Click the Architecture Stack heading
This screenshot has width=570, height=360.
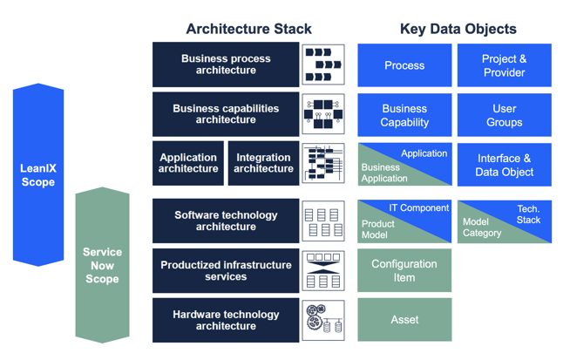coord(248,29)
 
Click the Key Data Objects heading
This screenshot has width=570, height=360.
coord(458,29)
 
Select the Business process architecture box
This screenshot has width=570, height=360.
coord(226,65)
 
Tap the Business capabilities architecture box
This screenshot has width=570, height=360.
coord(226,114)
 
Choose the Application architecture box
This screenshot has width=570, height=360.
coord(188,164)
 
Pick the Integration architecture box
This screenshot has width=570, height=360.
coord(263,164)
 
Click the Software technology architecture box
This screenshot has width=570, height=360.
coord(226,221)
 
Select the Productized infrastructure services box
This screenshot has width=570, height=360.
coord(226,270)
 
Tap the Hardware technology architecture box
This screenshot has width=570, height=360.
coord(226,320)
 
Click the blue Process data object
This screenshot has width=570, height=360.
coord(404,65)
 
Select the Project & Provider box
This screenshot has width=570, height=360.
coord(504,65)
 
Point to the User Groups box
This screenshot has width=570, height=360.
coord(504,115)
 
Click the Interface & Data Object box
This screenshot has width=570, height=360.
coord(504,165)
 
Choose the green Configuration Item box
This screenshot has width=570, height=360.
coord(404,270)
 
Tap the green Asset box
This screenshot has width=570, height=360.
coord(404,320)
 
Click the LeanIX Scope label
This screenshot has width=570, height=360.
coord(38,175)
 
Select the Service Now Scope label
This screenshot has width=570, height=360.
coord(102,265)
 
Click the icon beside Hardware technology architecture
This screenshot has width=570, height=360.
coord(323,320)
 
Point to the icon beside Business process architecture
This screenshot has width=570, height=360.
coord(323,65)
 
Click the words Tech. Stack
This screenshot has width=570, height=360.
coord(528,214)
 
